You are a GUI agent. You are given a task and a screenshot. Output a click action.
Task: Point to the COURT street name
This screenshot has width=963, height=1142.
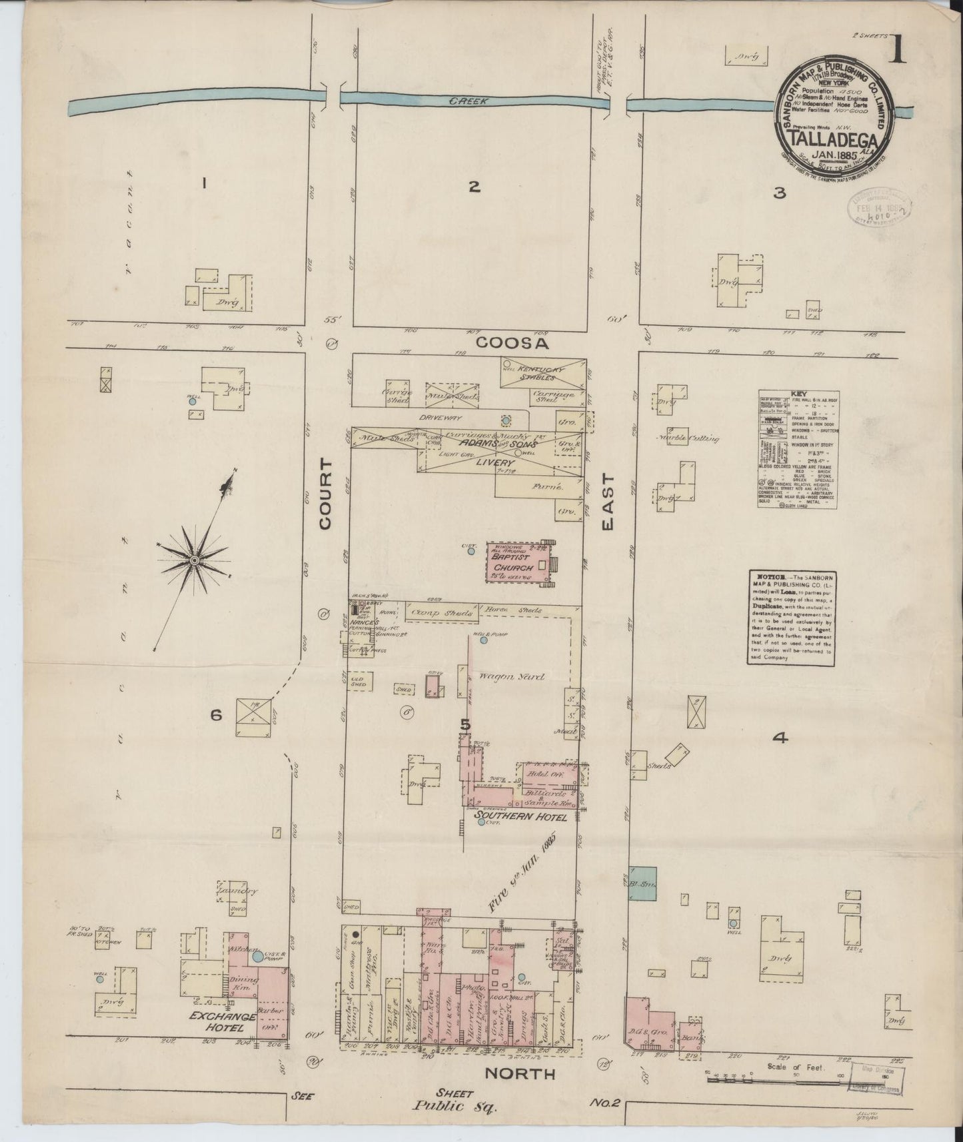[x=325, y=494]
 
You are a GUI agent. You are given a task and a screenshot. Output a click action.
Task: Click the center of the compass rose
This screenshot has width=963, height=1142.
[x=193, y=561]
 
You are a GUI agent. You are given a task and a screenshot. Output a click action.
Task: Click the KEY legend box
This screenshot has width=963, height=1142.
[x=798, y=450]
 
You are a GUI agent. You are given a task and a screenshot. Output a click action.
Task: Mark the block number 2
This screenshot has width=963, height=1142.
[x=473, y=187]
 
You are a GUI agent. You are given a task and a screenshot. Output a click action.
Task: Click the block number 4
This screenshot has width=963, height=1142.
[x=780, y=738]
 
